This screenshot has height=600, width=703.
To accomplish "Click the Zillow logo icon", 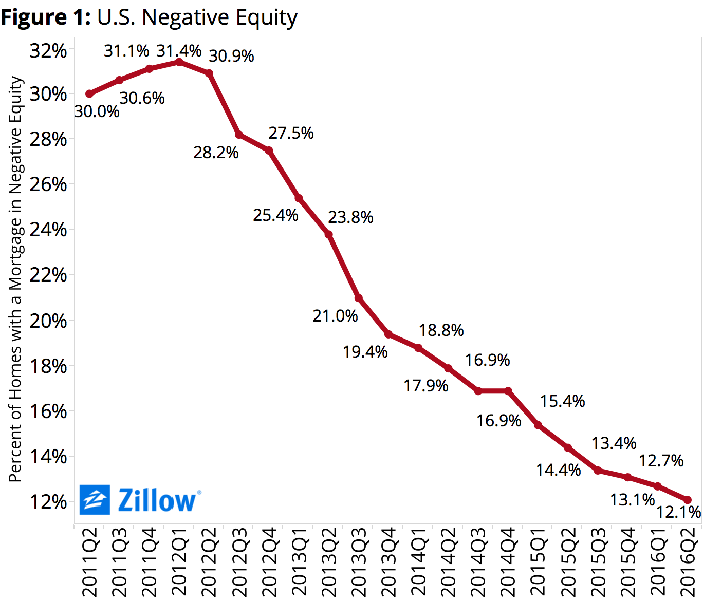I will [x=95, y=499].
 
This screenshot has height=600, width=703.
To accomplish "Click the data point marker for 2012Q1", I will [x=179, y=62].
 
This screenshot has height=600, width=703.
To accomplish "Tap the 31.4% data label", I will [x=179, y=51].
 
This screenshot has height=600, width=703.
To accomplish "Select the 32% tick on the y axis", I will [x=48, y=51].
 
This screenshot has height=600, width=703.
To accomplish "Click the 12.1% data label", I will [x=678, y=512].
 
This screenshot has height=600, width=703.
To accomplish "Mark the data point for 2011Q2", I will [x=89, y=93].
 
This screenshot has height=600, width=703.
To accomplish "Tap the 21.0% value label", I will [x=335, y=315].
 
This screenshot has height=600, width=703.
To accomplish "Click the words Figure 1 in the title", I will [x=45, y=17].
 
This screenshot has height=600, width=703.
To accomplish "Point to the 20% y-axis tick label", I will [x=48, y=321].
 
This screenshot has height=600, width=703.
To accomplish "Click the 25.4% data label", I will [x=275, y=215].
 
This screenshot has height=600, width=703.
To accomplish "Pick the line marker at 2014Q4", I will [x=508, y=391].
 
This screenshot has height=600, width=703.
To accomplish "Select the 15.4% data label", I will [x=562, y=401].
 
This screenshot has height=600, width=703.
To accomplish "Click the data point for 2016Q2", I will [x=688, y=500].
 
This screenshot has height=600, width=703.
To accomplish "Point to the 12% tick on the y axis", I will [x=48, y=502].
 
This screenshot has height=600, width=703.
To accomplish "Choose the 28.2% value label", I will [x=216, y=153].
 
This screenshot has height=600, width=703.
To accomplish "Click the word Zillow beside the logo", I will [x=157, y=500].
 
